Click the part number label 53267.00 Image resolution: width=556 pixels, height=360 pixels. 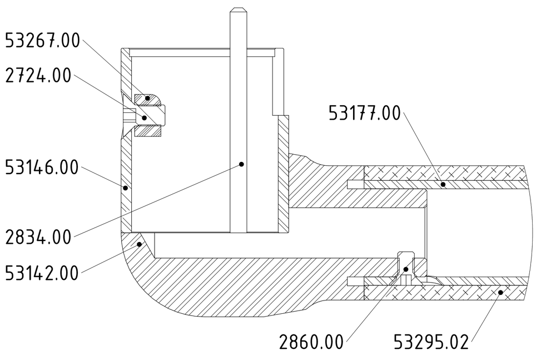pos(42,41)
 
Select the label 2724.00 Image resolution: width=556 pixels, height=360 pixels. pos(38,76)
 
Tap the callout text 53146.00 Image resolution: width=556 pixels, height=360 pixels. pos(42,167)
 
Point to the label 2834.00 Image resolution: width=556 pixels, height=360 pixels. pos(38,238)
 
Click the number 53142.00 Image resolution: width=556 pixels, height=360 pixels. pos(42,273)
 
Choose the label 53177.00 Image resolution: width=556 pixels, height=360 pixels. pos(364,114)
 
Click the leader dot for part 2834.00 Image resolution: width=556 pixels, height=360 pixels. pos(242,164)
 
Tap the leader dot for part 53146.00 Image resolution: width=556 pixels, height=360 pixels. pos(125,188)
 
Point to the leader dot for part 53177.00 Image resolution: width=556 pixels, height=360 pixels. pos(443,183)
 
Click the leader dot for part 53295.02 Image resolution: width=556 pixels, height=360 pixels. pos(500,291)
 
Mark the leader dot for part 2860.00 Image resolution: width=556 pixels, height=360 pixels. pos(406,269)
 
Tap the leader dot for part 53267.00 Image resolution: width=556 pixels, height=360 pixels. pos(147,98)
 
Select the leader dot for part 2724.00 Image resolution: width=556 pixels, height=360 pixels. pos(144,117)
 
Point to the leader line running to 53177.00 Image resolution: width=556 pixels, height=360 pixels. pos(423,147)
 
